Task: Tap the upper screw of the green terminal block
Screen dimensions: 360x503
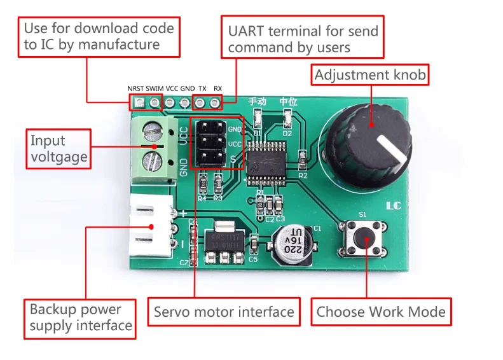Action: click(153, 132)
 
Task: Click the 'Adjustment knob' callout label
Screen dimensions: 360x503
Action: click(370, 76)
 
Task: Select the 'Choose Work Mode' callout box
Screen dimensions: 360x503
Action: click(381, 312)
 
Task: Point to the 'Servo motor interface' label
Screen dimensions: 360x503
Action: click(224, 312)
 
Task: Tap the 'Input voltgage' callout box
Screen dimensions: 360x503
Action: click(59, 149)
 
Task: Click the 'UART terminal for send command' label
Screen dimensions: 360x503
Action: click(303, 38)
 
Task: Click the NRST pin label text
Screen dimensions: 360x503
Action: click(135, 88)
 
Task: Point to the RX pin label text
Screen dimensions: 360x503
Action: click(217, 88)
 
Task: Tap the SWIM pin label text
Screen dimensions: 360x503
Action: click(155, 88)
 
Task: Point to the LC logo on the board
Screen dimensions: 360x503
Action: click(394, 206)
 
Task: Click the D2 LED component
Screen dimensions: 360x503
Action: click(287, 119)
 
